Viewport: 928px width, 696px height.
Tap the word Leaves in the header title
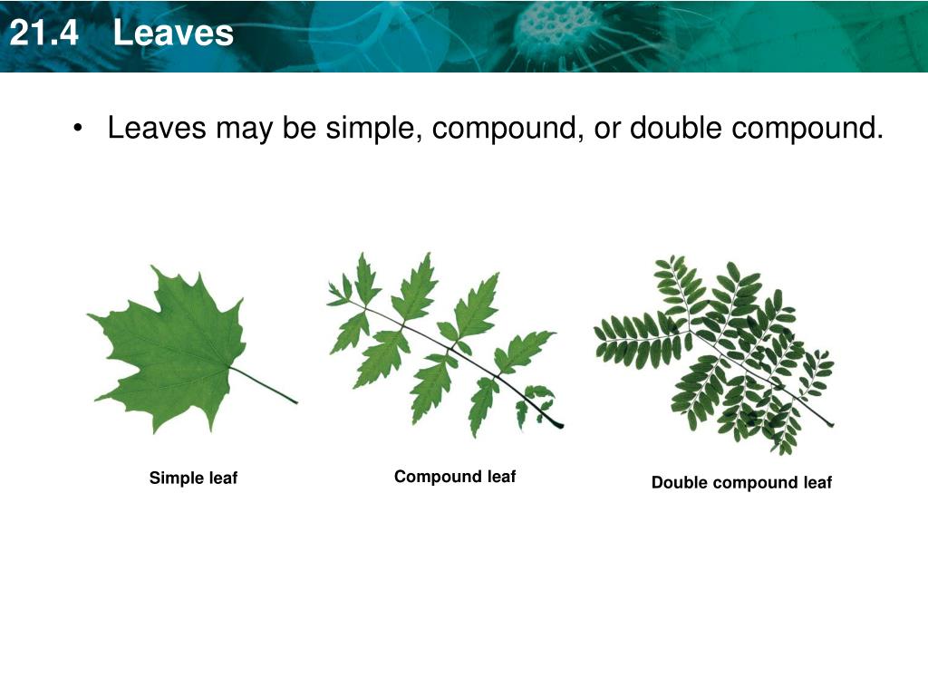[174, 34]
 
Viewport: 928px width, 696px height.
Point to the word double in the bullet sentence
[676, 128]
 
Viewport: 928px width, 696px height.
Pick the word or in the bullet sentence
[606, 128]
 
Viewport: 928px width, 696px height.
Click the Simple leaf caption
[193, 478]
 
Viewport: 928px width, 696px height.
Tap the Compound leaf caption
[455, 477]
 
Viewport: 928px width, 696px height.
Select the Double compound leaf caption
[741, 483]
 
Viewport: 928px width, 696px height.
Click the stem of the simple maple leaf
[267, 386]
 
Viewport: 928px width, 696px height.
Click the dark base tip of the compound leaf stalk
[554, 423]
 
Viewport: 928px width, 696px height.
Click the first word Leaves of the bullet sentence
[158, 128]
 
